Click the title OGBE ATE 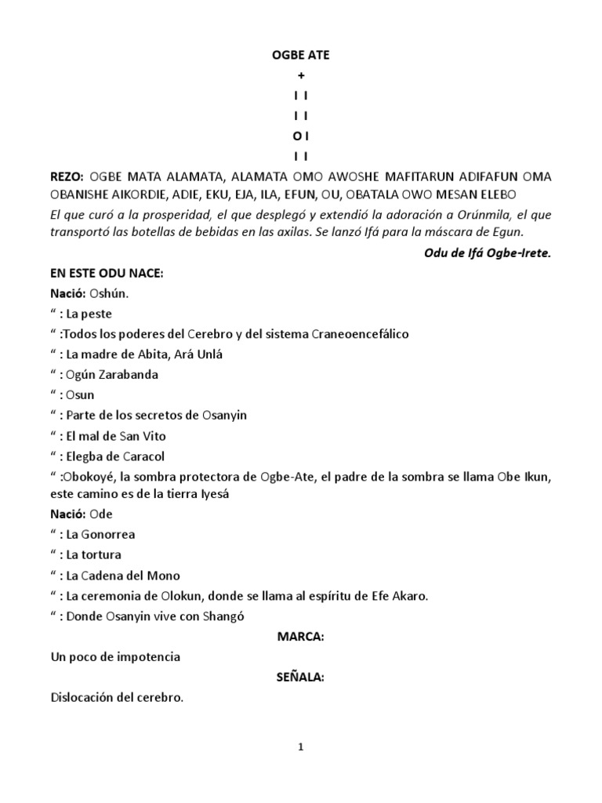[300, 56]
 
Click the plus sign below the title [300, 75]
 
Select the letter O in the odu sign [296, 136]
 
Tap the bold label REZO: [66, 176]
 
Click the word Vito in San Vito [153, 436]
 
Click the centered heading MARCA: [300, 636]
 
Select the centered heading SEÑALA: [300, 676]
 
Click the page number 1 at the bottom [300, 747]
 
